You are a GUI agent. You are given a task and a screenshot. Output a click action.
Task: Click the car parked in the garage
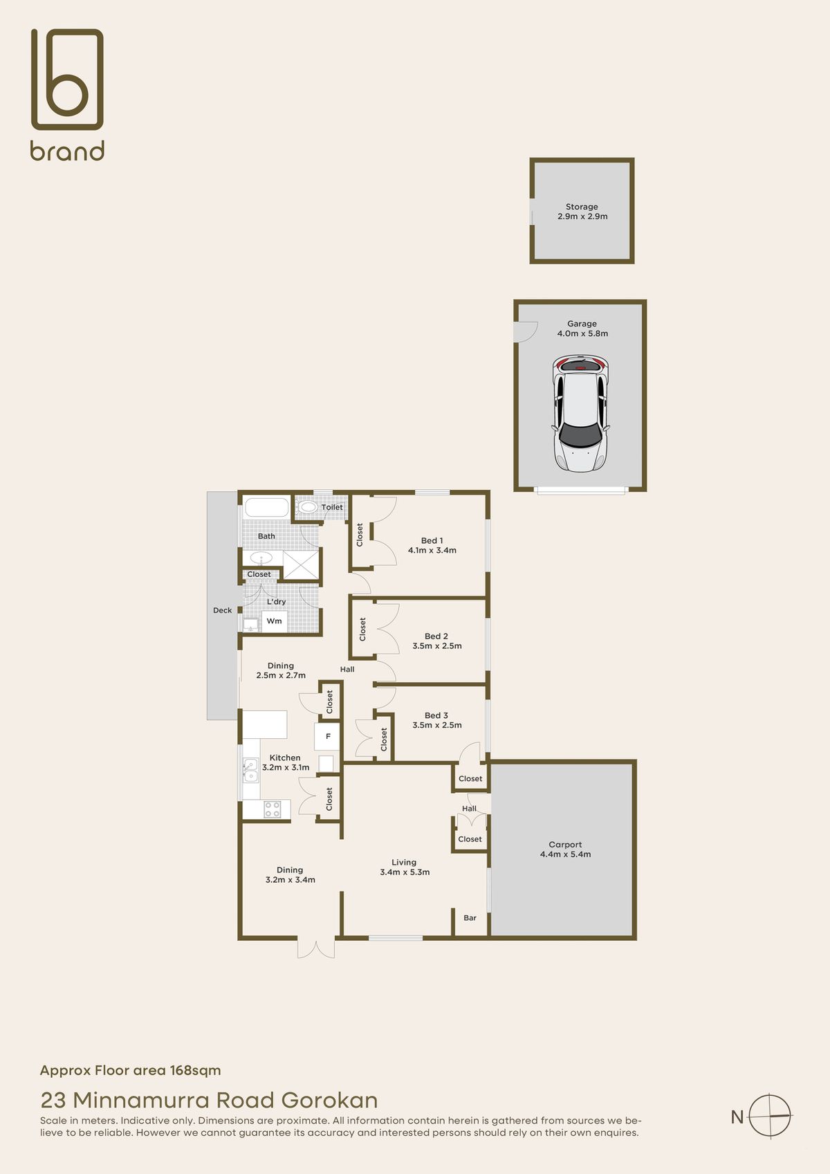[580, 414]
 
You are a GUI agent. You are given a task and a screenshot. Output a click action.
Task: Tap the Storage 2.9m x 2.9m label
[582, 212]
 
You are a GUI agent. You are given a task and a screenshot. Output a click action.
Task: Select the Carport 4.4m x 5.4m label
[565, 850]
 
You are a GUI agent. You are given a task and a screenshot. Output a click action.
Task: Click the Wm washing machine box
[274, 621]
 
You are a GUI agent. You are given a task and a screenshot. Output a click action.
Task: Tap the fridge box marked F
[328, 737]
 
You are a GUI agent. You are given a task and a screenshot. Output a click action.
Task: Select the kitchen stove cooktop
[273, 809]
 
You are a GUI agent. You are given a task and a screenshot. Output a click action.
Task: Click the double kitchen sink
[250, 771]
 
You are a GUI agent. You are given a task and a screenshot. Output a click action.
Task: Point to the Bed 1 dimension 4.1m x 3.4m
[432, 551]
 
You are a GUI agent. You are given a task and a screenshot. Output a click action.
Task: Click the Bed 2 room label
[436, 636]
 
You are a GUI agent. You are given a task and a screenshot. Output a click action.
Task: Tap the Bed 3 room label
[436, 715]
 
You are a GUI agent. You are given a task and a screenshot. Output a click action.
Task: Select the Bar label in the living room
[470, 918]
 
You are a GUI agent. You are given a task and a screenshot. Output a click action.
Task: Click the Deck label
[222, 610]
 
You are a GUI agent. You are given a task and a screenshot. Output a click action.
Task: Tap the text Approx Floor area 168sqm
[130, 1070]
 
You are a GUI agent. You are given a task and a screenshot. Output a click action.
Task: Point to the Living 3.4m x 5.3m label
[405, 868]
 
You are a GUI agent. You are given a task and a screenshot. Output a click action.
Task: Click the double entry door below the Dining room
[316, 948]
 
